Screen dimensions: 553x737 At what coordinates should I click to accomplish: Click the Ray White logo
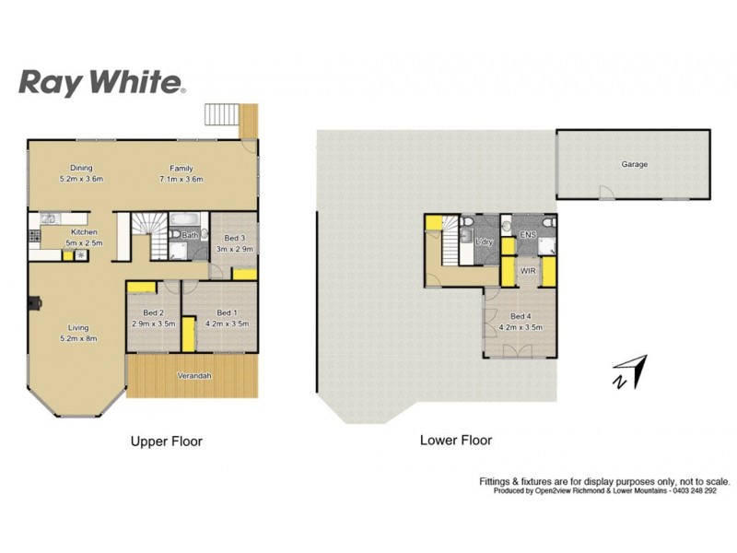tap(102, 82)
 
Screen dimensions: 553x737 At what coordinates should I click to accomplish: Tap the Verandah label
tap(194, 376)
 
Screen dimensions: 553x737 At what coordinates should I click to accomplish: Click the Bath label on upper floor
tap(189, 236)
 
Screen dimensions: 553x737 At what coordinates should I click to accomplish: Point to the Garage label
tap(634, 165)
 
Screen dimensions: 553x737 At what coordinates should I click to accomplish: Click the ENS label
tap(528, 236)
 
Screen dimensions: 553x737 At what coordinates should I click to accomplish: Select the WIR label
tap(528, 272)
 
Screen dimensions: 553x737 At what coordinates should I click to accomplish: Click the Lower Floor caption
tap(455, 441)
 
